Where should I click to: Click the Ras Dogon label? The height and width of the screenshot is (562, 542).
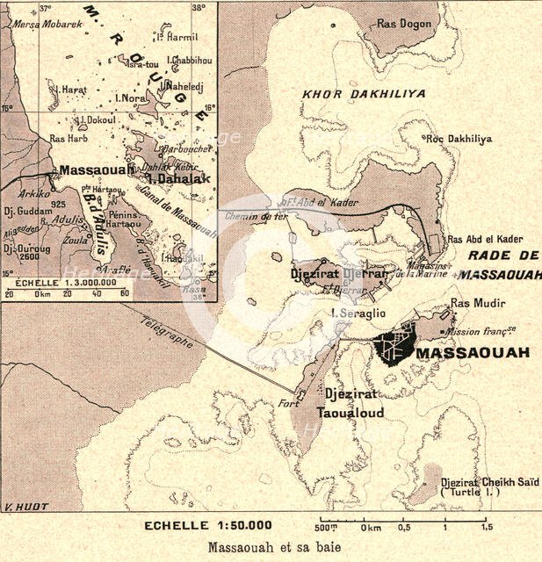tap(401, 24)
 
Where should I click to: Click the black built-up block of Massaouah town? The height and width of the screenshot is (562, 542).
tap(394, 345)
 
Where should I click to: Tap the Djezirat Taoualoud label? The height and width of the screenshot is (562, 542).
tap(354, 403)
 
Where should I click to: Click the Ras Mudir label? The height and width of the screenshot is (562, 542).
tap(475, 304)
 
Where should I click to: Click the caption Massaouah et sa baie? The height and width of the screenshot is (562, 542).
tap(271, 548)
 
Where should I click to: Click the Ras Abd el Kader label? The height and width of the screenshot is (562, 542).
tap(486, 239)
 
